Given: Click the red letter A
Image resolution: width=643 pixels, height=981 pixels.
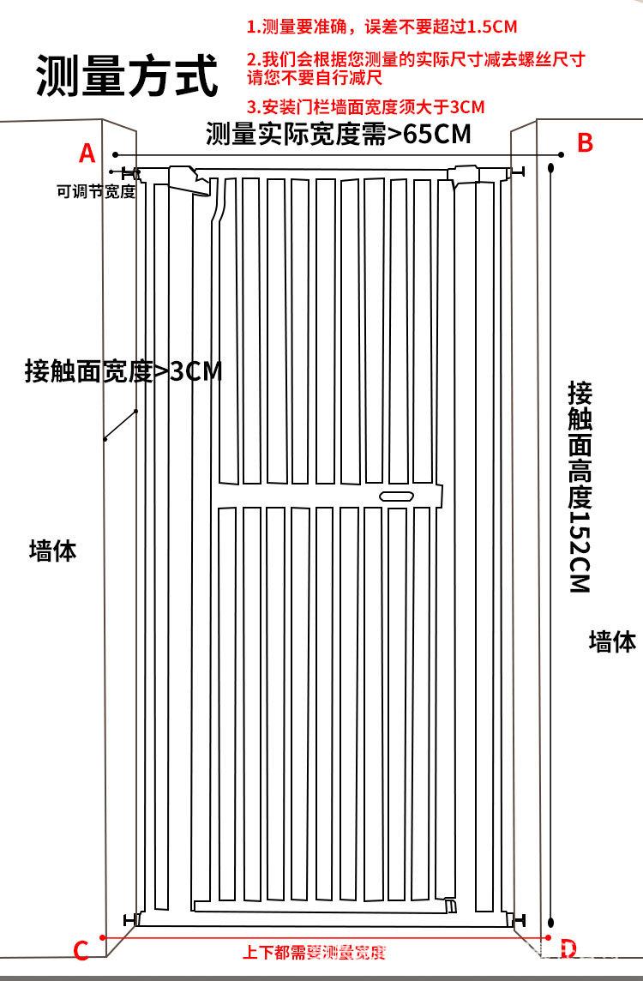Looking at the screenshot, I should tap(87, 153).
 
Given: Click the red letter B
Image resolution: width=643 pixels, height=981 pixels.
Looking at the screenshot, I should tap(585, 143).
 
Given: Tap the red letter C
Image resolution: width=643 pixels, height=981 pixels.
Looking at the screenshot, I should tap(81, 950).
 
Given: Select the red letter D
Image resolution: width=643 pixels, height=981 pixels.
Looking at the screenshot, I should tap(568, 948).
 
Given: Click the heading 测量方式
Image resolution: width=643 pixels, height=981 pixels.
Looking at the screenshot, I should tap(127, 75).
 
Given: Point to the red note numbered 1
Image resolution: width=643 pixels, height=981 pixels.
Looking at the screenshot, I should tap(382, 27).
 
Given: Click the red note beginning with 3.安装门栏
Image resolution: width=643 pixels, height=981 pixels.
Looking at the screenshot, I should tap(365, 107).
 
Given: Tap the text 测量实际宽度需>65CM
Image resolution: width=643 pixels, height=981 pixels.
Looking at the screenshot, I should tap(339, 134).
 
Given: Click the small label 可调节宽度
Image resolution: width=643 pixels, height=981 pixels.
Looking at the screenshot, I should tap(95, 191).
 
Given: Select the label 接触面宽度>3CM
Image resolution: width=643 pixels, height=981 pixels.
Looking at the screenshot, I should tap(123, 372).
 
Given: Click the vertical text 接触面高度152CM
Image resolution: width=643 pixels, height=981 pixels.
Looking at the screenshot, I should tap(580, 487).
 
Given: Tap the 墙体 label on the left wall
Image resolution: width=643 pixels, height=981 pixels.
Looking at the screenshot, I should tap(53, 550).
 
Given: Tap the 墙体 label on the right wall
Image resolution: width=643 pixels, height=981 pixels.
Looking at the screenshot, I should tap(612, 641).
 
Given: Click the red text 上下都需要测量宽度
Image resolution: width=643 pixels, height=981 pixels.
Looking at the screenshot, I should tap(314, 952).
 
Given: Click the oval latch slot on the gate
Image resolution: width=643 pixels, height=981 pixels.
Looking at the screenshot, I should tap(396, 496).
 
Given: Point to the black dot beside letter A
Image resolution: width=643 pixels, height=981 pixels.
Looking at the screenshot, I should tap(114, 155).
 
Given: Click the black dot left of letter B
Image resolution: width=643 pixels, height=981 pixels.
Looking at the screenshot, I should tap(562, 155).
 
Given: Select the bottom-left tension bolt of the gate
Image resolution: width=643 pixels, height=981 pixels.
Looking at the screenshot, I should tap(133, 919).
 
